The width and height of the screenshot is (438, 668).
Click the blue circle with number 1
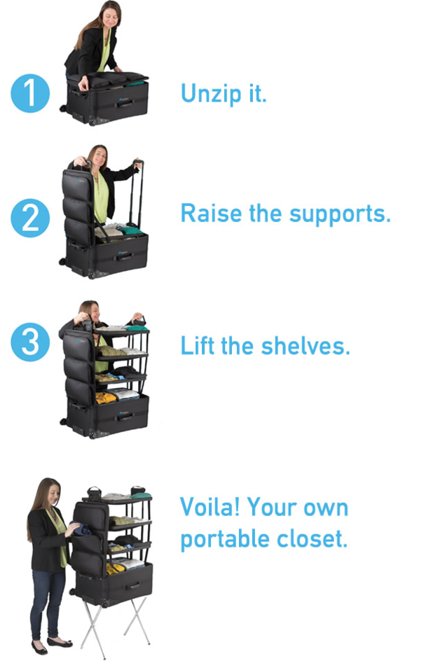[x=30, y=93]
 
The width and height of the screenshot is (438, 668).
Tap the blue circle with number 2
[x=30, y=218]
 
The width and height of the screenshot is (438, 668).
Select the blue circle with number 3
[x=30, y=342]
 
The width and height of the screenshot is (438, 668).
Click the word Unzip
[x=211, y=94]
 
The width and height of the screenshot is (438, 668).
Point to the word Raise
[x=212, y=213]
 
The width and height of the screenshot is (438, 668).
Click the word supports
[x=339, y=215]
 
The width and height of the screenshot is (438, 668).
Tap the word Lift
[x=197, y=345]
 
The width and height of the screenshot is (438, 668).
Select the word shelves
[x=306, y=345]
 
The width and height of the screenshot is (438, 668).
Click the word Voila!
[x=210, y=507]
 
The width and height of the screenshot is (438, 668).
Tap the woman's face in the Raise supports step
[x=99, y=156]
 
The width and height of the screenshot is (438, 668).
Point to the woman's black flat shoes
[x=52, y=645]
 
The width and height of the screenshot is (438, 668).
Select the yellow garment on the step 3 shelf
[x=106, y=398]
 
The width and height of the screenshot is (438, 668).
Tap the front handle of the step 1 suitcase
[x=125, y=104]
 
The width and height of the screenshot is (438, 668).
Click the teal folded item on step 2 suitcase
[x=130, y=230]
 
